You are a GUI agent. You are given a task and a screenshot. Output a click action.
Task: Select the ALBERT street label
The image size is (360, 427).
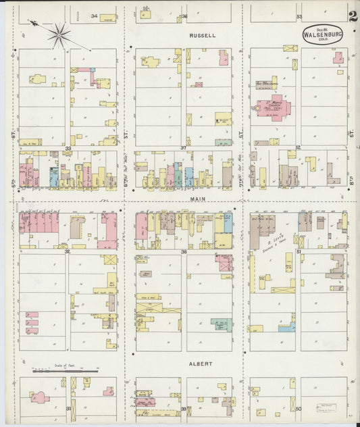click(201, 363)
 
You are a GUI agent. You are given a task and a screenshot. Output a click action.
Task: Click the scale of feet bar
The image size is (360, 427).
click(66, 371)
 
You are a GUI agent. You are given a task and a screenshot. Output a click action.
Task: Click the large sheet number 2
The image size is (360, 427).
click(354, 16)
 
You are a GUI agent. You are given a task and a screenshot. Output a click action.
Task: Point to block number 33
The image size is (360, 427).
click(68, 147)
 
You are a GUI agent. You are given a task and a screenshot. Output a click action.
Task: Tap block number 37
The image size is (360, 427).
click(183, 147)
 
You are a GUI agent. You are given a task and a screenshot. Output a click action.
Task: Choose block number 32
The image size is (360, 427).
click(68, 251)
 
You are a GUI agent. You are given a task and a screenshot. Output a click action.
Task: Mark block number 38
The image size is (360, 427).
click(183, 251)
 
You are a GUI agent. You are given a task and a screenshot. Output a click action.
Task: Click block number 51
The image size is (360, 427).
click(298, 251)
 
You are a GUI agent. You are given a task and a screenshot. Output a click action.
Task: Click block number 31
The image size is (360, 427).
click(68, 409)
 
